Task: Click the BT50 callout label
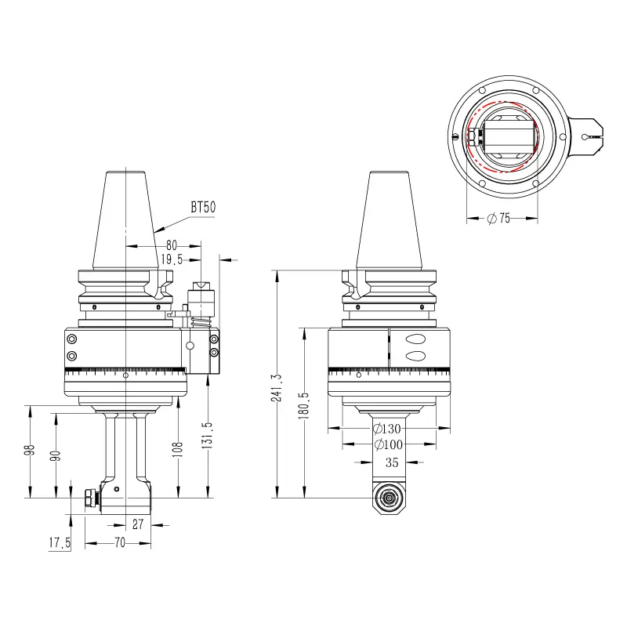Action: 203,207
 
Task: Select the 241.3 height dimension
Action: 277,388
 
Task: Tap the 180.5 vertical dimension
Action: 304,405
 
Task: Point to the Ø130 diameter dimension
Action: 386,429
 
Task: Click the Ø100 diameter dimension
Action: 389,444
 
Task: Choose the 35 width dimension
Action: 392,462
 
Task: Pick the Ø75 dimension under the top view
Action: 498,218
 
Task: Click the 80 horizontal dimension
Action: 172,245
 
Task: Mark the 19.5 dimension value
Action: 172,259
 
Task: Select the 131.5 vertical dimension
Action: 208,436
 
